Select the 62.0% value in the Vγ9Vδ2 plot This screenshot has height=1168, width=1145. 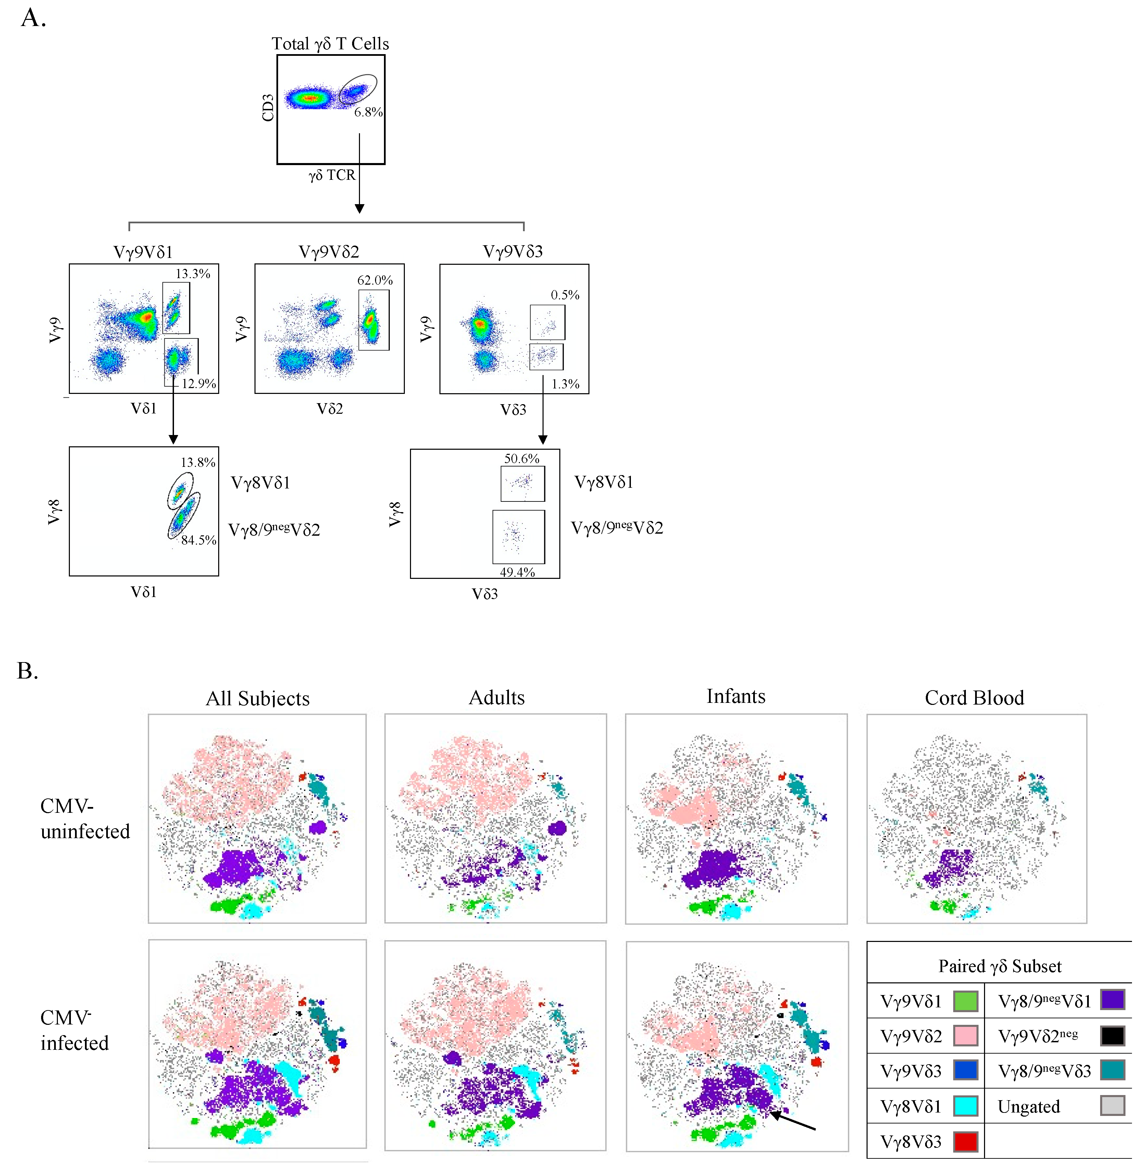tap(375, 280)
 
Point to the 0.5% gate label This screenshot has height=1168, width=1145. tap(565, 295)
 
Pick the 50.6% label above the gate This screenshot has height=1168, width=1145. tap(521, 458)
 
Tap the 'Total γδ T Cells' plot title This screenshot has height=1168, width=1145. tap(330, 44)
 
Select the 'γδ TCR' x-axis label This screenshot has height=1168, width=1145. tap(332, 175)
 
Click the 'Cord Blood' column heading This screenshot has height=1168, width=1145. tap(974, 698)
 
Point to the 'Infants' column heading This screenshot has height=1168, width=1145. tap(735, 696)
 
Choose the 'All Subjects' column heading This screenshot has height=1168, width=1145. tap(257, 698)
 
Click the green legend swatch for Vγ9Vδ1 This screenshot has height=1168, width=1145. tap(965, 1002)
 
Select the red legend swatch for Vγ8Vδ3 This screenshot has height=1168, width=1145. tap(965, 1141)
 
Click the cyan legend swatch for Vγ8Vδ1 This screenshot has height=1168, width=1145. tap(965, 1106)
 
